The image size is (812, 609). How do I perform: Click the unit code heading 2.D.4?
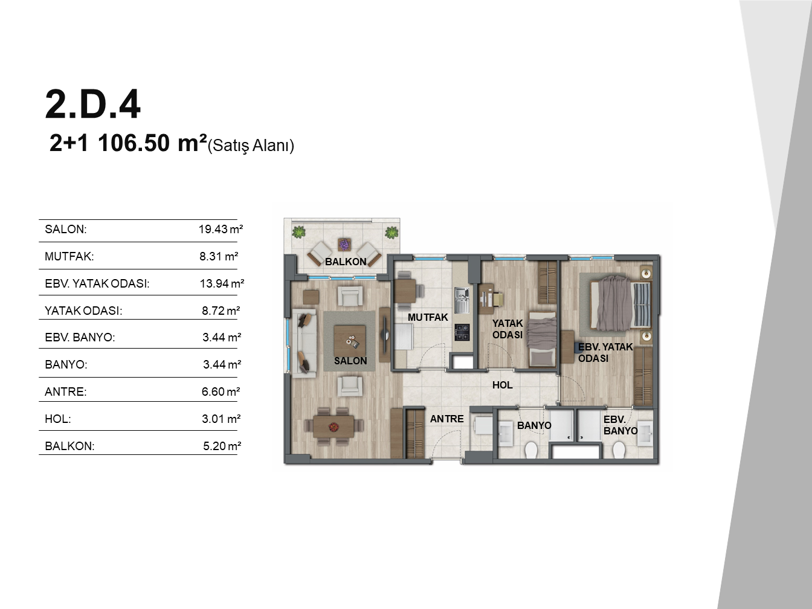pyautogui.click(x=92, y=104)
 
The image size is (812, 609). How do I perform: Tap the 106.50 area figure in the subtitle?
pyautogui.click(x=134, y=143)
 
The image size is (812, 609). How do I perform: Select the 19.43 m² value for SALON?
pyautogui.click(x=221, y=229)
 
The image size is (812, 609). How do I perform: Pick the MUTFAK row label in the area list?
pyautogui.click(x=69, y=256)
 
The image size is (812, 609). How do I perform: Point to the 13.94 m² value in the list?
pyautogui.click(x=222, y=283)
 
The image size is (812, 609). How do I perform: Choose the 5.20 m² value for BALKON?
pyautogui.click(x=222, y=446)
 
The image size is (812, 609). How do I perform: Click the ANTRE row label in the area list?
pyautogui.click(x=65, y=391)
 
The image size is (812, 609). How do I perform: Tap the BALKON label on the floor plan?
pyautogui.click(x=346, y=262)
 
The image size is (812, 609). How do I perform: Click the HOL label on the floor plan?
pyautogui.click(x=503, y=385)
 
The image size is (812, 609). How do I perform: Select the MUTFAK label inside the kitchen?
pyautogui.click(x=428, y=317)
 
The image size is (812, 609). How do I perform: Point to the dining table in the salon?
pyautogui.click(x=333, y=427)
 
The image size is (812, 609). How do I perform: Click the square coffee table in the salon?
pyautogui.click(x=350, y=341)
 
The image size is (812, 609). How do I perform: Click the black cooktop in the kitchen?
pyautogui.click(x=462, y=332)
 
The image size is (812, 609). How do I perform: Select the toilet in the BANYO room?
pyautogui.click(x=531, y=450)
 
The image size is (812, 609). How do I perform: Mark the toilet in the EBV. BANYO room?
pyautogui.click(x=619, y=450)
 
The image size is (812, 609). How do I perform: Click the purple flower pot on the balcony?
pyautogui.click(x=344, y=245)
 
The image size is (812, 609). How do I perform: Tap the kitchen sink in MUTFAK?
pyautogui.click(x=462, y=300)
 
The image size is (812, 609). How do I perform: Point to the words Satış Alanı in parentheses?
pyautogui.click(x=251, y=146)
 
